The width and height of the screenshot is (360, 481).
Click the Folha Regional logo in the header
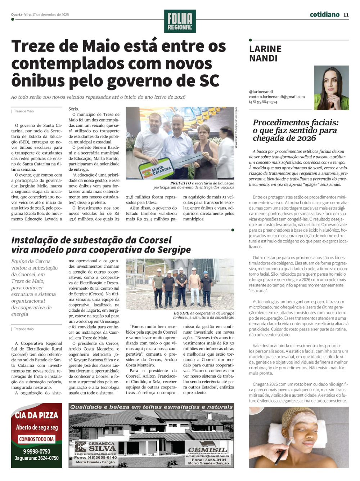(x=180, y=21)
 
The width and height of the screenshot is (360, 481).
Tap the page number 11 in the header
(x=346, y=15)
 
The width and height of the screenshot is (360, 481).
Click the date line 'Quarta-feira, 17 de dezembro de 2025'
(x=40, y=15)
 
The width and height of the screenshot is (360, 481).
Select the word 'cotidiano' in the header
(x=324, y=14)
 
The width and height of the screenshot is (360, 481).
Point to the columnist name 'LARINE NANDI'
(x=265, y=53)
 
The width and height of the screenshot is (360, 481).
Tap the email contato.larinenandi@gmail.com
(x=277, y=97)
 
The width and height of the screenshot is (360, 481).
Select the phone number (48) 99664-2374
(x=263, y=102)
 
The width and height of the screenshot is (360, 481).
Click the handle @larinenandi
(x=261, y=92)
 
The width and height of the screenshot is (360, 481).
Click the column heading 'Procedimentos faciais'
(x=296, y=123)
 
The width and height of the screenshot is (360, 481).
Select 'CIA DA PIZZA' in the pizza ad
(x=36, y=415)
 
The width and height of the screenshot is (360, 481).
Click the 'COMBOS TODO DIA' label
(x=36, y=439)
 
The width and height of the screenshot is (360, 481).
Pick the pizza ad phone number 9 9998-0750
(x=36, y=451)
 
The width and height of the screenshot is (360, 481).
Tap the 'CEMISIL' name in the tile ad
(x=207, y=450)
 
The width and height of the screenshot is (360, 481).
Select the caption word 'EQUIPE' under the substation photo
(x=181, y=313)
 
